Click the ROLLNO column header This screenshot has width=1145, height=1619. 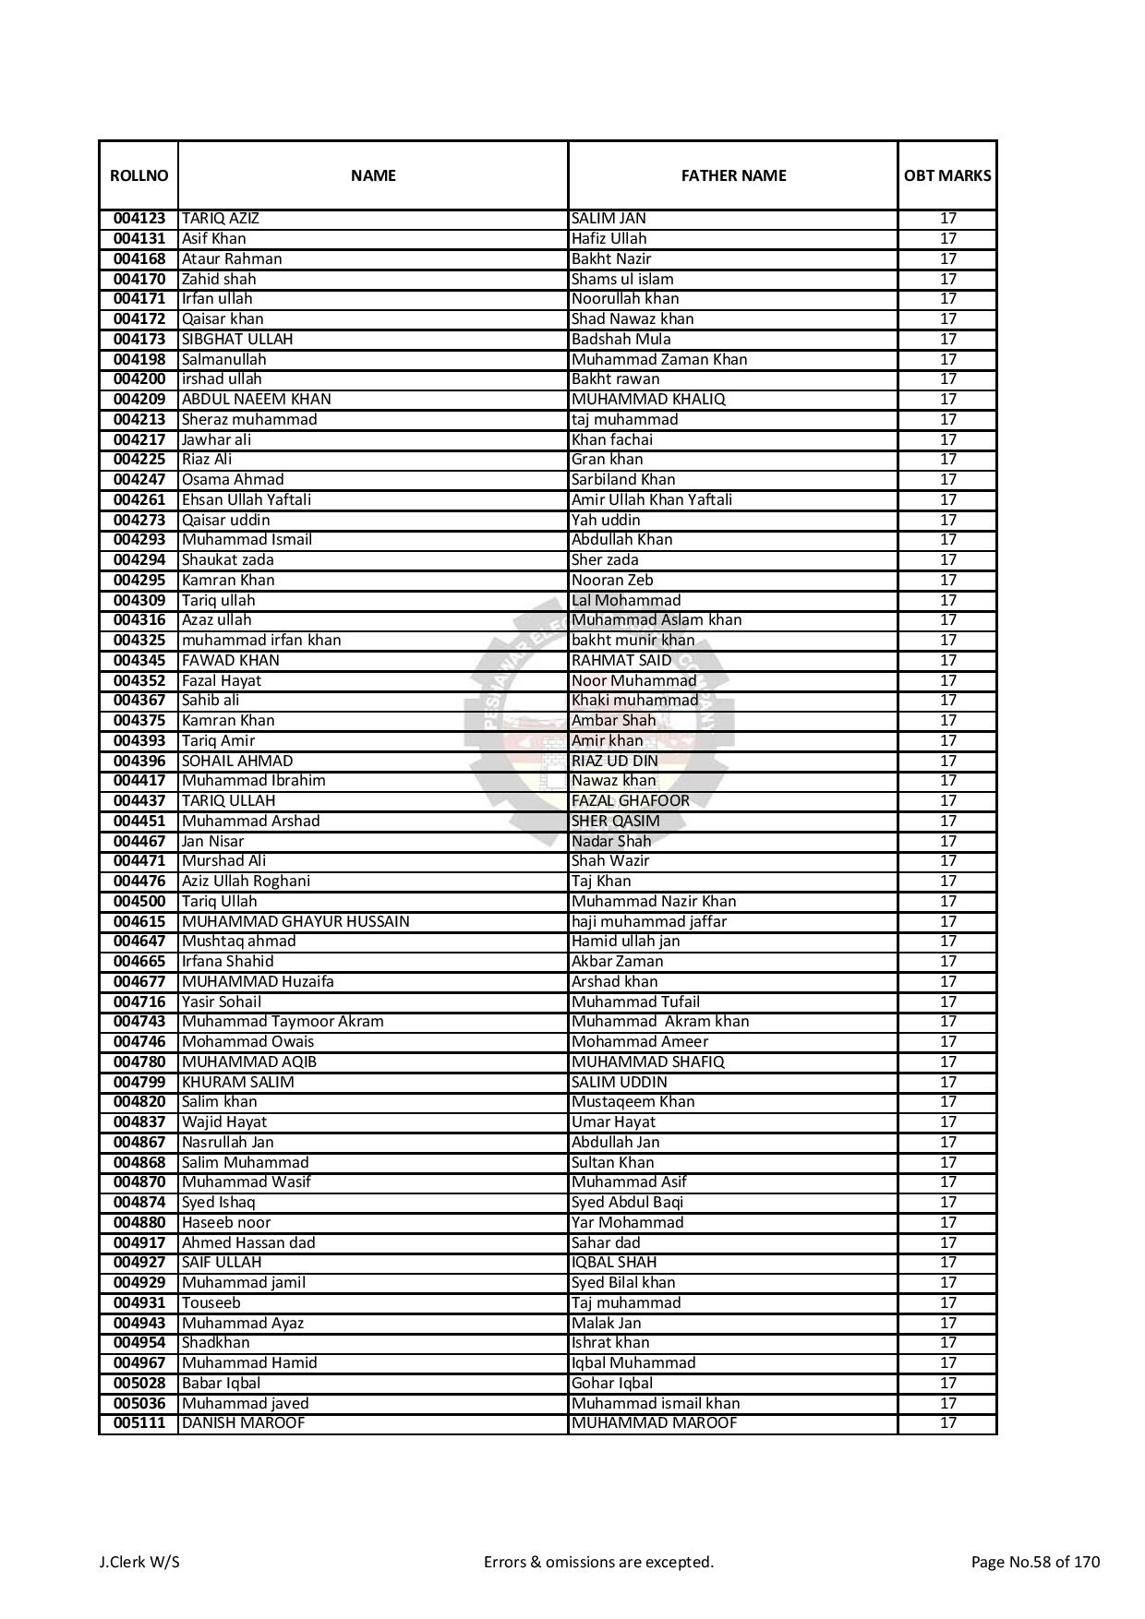(139, 175)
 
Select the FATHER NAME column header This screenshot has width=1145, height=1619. (733, 175)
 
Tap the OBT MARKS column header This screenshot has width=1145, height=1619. (947, 175)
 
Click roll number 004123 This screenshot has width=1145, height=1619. (139, 219)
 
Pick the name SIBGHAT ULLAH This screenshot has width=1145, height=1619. (237, 339)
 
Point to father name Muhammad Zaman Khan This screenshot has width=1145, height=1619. (659, 359)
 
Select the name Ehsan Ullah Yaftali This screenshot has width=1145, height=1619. (247, 499)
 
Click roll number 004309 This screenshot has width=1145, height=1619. (139, 600)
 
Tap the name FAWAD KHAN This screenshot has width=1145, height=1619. (231, 660)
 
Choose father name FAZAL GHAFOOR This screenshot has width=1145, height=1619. (631, 800)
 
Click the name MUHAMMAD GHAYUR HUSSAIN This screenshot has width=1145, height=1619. (295, 921)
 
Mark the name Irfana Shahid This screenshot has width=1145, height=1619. (228, 961)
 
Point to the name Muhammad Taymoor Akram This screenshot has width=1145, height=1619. (283, 1021)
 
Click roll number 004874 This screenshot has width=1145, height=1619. (139, 1202)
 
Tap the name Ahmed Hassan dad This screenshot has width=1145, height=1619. (248, 1242)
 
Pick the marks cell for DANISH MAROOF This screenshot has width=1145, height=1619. (947, 1422)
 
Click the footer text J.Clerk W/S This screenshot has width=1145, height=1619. (139, 1562)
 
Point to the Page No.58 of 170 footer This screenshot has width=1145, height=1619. (1035, 1562)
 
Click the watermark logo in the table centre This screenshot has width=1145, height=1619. (600, 720)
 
